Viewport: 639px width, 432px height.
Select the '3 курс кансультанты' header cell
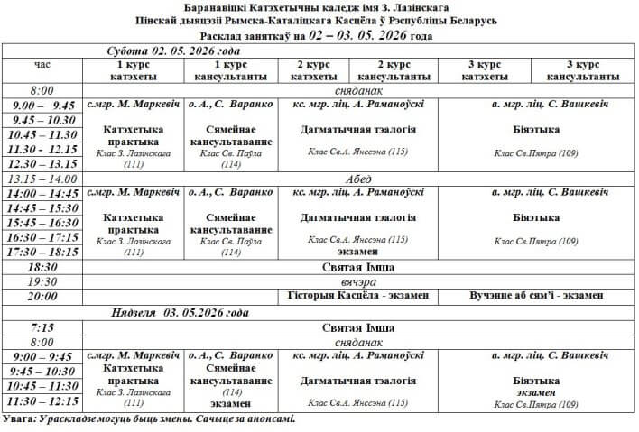[x=583, y=70]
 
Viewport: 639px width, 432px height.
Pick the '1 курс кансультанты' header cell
[x=223, y=70]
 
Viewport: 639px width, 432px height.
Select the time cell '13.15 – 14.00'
[x=43, y=178]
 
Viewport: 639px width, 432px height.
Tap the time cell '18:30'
[x=43, y=267]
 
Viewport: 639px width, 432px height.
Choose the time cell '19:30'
[x=43, y=281]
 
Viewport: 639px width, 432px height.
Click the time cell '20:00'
[x=43, y=296]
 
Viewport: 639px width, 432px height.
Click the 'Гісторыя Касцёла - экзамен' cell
[x=359, y=296]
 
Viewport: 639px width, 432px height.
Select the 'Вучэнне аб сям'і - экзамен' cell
[x=538, y=296]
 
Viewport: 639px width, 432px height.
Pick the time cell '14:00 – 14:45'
[x=43, y=193]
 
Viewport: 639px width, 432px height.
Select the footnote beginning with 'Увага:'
[x=149, y=418]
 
